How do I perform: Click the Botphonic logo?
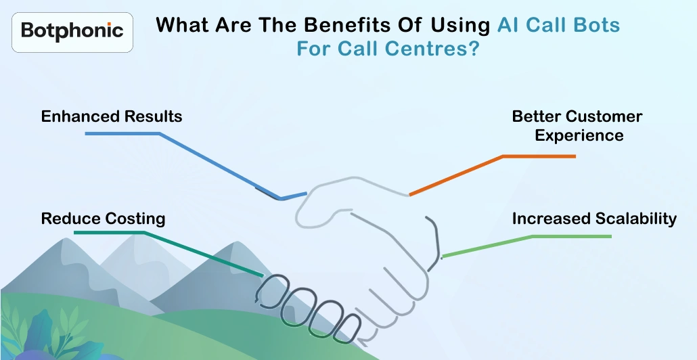point(72,31)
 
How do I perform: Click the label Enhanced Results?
point(112,116)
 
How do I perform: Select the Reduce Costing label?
point(103,219)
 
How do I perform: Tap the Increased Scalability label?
point(594,219)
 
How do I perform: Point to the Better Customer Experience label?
point(578,126)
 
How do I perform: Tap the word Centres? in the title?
point(437,49)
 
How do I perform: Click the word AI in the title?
point(509,26)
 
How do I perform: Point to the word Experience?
point(579,135)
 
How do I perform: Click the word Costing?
point(135,219)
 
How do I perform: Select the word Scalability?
point(635,219)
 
